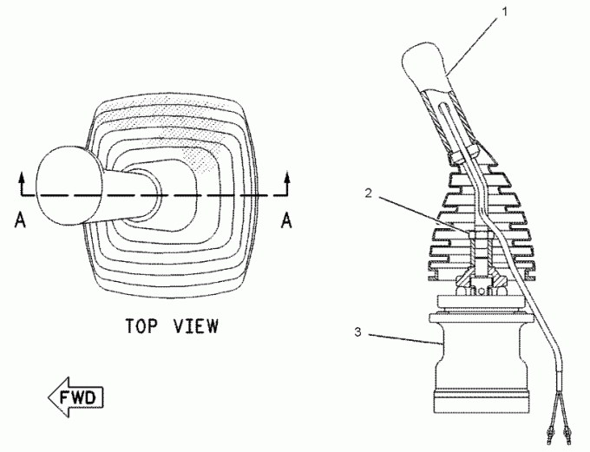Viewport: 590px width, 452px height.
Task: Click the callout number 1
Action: click(x=505, y=12)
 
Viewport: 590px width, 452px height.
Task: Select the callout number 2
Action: click(x=369, y=193)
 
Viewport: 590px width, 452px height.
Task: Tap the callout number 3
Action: click(x=357, y=332)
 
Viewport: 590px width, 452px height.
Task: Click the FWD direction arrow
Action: click(x=75, y=397)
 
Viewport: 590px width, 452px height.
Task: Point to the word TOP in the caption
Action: click(x=141, y=326)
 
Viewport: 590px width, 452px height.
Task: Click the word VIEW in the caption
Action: click(x=196, y=326)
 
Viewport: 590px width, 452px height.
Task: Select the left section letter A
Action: click(x=20, y=219)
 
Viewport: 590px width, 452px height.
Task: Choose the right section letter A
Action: click(x=286, y=219)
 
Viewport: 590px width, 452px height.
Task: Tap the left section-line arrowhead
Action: click(x=22, y=178)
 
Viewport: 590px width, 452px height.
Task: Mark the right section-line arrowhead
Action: click(x=287, y=178)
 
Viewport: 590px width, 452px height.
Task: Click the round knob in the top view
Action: click(x=69, y=184)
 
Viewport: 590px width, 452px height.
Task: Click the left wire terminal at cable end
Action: click(x=548, y=436)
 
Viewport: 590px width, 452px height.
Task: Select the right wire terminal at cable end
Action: click(x=567, y=436)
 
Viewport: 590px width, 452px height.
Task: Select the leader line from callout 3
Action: click(x=404, y=338)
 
